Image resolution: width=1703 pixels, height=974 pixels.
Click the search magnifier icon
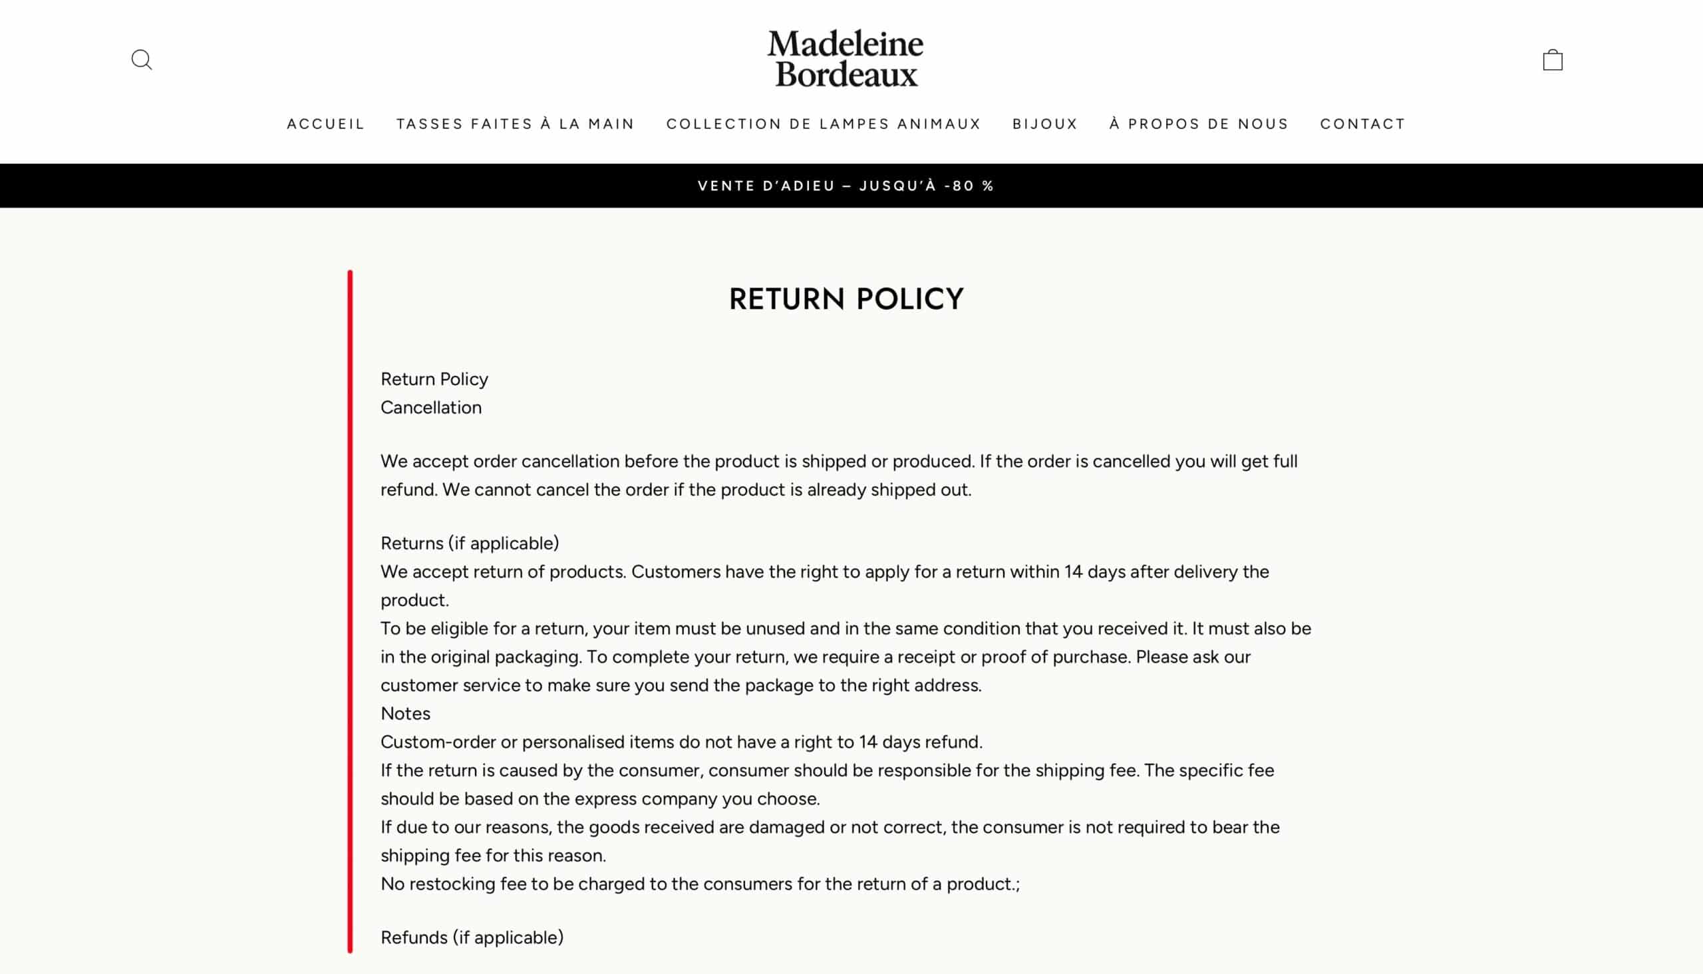pos(141,60)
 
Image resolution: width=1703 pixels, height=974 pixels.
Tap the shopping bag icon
pos(1553,60)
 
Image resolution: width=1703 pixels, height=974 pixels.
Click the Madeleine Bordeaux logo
pos(846,59)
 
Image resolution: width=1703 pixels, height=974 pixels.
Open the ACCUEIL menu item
pos(326,124)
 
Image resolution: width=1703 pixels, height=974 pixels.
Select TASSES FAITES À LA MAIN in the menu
pos(515,124)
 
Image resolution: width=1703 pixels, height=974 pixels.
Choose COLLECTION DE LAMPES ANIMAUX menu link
pos(824,124)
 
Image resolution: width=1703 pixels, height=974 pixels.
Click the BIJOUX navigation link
pos(1045,124)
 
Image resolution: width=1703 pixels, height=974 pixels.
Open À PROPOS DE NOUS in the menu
pos(1199,124)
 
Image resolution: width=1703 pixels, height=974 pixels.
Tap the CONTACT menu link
pos(1362,124)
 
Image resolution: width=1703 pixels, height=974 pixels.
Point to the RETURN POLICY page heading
pos(846,299)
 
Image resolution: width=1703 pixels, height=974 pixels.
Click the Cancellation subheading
pos(431,407)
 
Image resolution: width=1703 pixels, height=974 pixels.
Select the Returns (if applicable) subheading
pos(470,543)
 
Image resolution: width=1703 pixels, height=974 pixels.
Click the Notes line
pos(405,713)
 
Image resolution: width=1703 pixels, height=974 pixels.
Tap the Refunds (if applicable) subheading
pos(472,937)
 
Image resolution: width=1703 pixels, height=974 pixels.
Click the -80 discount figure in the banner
pos(959,186)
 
